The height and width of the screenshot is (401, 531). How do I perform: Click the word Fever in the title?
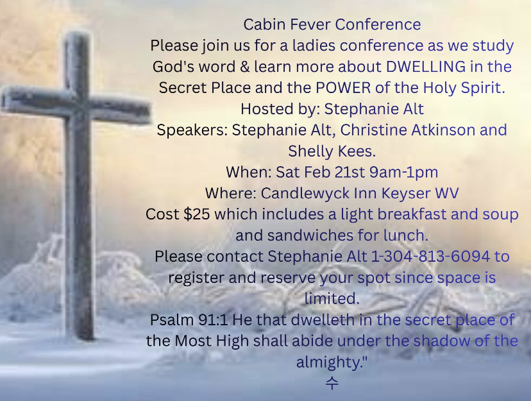[x=310, y=24]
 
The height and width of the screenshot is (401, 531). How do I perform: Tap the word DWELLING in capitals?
[x=426, y=67]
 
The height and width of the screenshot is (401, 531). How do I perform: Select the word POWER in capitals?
[x=343, y=88]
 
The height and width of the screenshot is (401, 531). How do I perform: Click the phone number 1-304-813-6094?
[x=431, y=257]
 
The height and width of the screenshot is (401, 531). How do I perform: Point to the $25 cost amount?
[x=196, y=214]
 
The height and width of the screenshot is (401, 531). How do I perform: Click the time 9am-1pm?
[x=403, y=173]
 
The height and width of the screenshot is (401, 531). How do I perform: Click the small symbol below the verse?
[x=332, y=383]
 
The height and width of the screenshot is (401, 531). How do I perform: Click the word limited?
[x=332, y=299]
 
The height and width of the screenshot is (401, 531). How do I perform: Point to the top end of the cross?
[x=78, y=34]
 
